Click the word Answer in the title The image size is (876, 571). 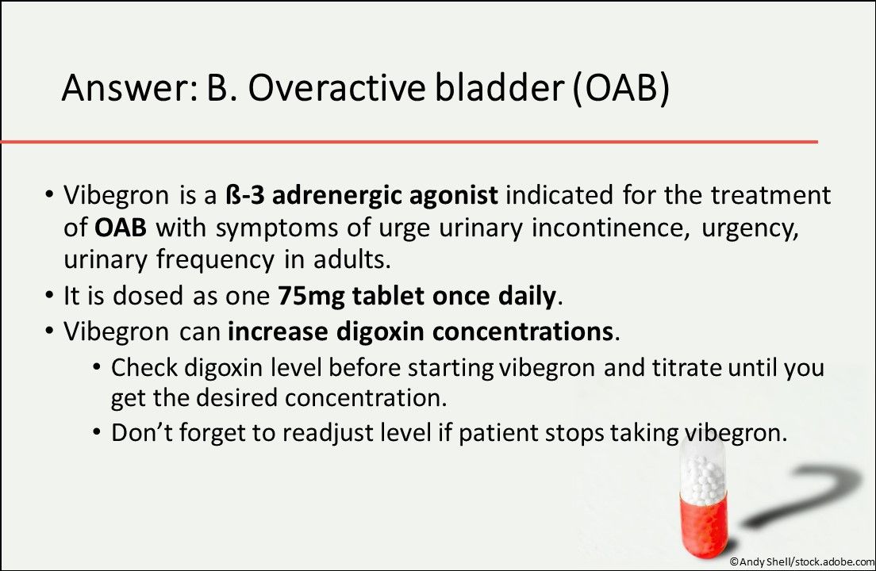129,87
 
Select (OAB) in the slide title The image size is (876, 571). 620,89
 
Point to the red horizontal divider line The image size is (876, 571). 409,142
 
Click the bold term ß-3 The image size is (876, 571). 244,195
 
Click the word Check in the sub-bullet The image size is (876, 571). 144,367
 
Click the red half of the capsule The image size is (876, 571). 703,525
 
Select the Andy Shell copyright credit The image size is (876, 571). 802,561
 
